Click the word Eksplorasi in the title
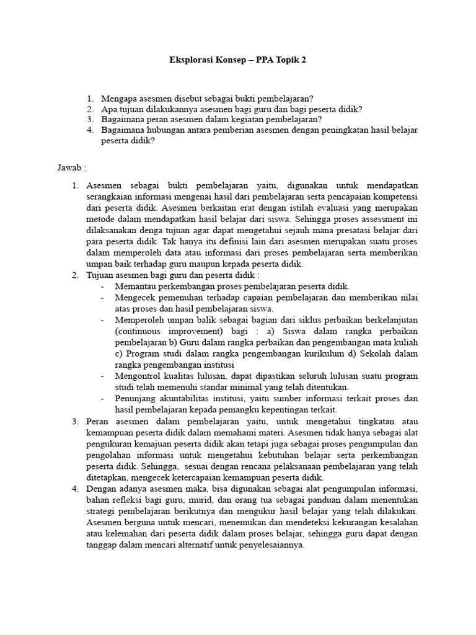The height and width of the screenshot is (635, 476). pos(191,61)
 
